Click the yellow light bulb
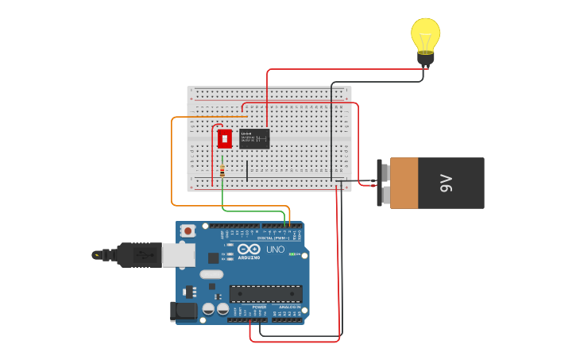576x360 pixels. (x=425, y=35)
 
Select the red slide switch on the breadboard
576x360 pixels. (x=225, y=138)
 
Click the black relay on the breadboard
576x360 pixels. (x=254, y=138)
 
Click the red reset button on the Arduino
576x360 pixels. (x=188, y=230)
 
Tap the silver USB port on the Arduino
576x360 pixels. (x=179, y=254)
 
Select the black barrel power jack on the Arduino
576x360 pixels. (x=184, y=312)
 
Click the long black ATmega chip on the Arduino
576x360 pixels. (x=265, y=293)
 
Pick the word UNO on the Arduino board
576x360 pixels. (x=275, y=250)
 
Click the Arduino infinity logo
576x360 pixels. (x=249, y=250)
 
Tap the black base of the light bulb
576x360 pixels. (x=426, y=58)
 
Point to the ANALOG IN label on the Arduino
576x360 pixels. (x=288, y=307)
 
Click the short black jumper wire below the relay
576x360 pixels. (x=247, y=170)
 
